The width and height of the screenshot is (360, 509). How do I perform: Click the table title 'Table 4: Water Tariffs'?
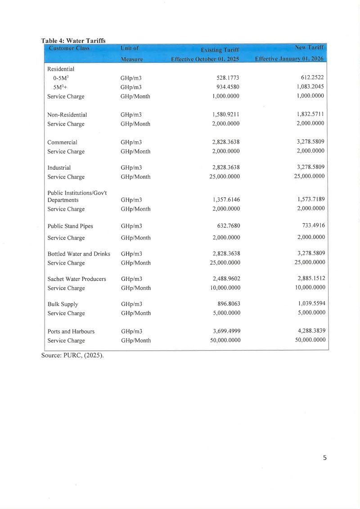click(x=73, y=41)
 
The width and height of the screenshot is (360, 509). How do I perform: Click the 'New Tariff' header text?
click(x=310, y=47)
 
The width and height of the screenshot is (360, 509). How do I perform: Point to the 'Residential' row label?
click(x=61, y=69)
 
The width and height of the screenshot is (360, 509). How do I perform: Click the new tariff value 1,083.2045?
click(x=310, y=86)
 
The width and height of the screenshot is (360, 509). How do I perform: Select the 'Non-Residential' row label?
click(x=67, y=115)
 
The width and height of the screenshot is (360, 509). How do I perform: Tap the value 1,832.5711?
click(x=310, y=114)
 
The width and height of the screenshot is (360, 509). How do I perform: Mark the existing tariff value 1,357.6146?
click(x=226, y=200)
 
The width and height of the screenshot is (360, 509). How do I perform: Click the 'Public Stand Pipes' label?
click(x=70, y=226)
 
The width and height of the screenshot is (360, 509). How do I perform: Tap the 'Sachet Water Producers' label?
click(x=76, y=279)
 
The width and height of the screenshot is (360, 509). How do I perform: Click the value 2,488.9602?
click(x=226, y=279)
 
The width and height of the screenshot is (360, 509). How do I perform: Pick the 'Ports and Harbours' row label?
click(x=71, y=331)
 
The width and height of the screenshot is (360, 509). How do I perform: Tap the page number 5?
click(x=325, y=458)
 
